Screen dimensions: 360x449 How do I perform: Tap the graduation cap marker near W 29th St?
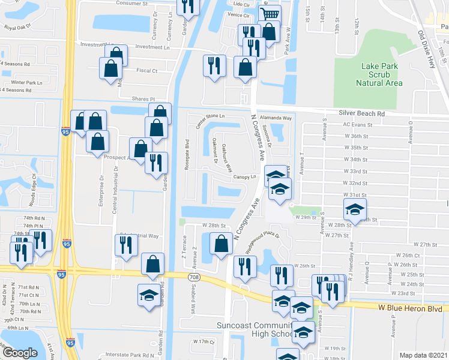354,209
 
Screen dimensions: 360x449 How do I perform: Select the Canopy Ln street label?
245,177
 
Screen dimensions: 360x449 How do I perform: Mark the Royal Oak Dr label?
17,27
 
